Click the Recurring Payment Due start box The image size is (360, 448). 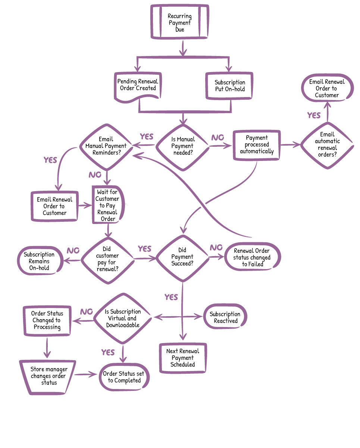point(179,22)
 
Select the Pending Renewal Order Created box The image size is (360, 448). point(138,85)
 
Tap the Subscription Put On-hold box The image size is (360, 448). point(230,85)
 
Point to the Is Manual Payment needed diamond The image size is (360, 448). point(182,146)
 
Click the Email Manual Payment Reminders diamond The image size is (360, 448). point(106,146)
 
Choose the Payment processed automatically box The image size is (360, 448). point(257,144)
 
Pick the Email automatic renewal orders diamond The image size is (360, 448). point(327,144)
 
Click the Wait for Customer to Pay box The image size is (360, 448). point(107,205)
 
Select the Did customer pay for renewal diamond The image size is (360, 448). point(107,259)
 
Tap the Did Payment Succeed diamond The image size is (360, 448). point(182,257)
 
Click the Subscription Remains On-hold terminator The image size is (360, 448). point(39,261)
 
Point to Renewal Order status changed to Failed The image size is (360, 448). point(252,257)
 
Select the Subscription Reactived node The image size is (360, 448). point(225,317)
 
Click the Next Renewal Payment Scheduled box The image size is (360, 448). point(183,358)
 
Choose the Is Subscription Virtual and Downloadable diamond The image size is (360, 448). point(123,318)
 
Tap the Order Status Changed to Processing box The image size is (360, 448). point(47,320)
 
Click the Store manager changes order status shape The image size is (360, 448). point(48,376)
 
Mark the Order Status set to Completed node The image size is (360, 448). point(124,377)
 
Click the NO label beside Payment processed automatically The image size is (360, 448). point(217,138)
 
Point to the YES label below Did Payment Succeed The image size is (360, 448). point(171,297)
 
